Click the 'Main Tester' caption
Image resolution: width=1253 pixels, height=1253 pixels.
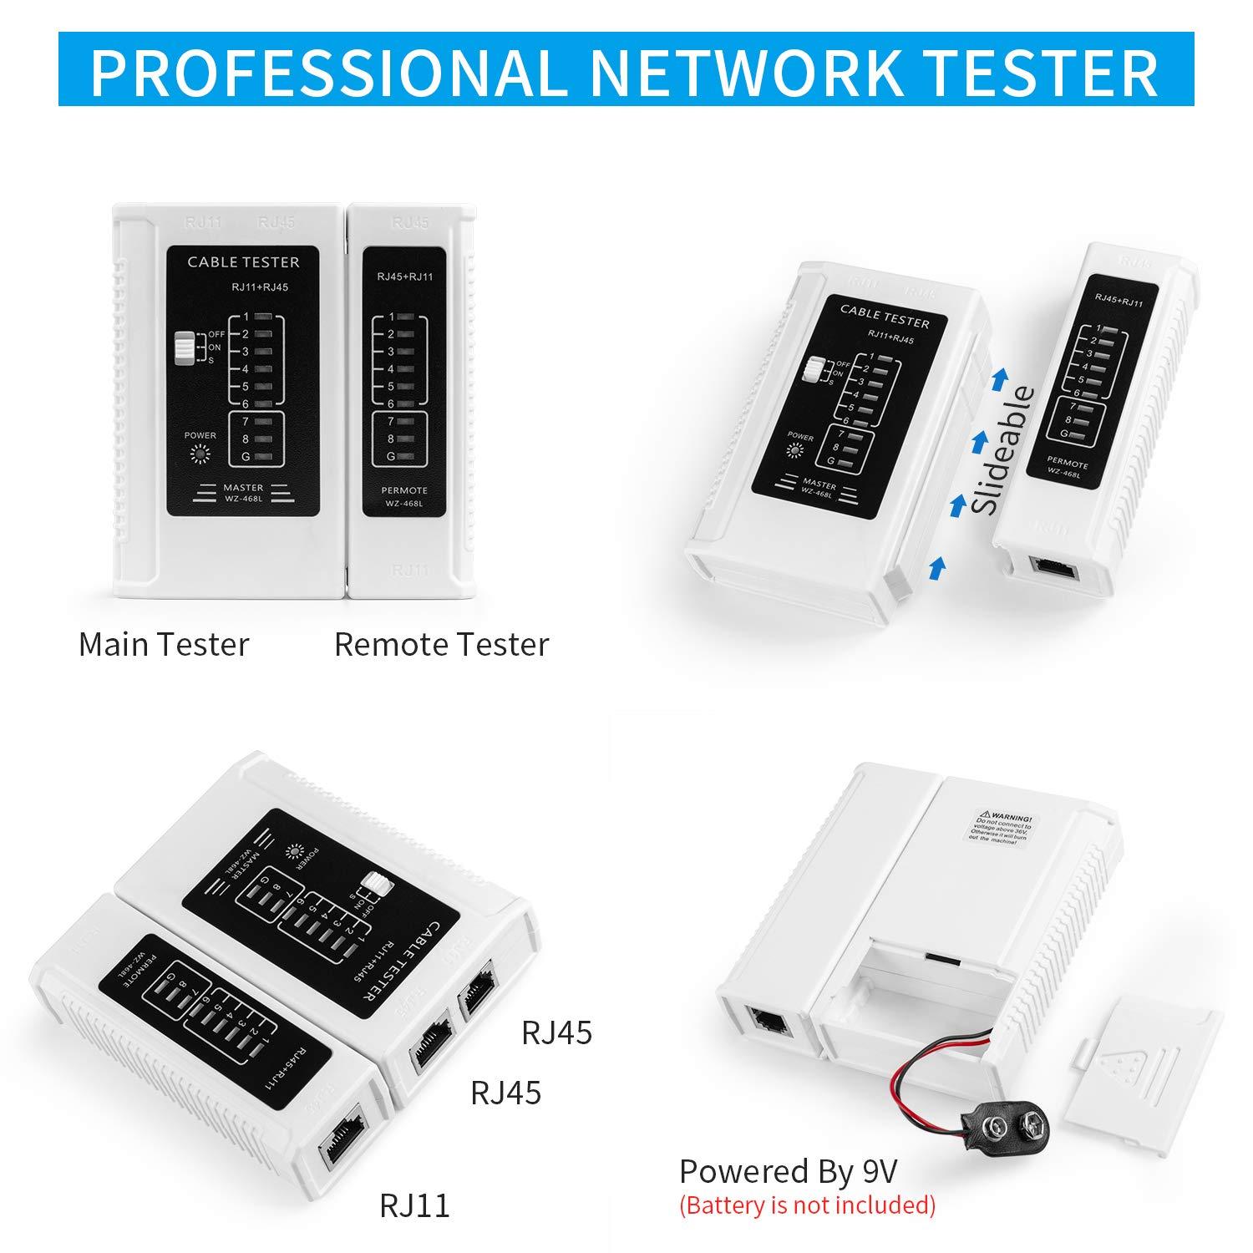tap(164, 645)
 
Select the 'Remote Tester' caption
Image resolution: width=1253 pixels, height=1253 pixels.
tap(441, 645)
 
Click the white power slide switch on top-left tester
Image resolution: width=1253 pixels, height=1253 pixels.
tap(183, 348)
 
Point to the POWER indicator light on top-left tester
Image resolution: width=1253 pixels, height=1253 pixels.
tap(200, 454)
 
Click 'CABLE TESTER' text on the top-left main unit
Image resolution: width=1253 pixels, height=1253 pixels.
tap(242, 262)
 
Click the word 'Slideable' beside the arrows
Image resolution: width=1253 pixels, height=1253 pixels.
tap(1006, 451)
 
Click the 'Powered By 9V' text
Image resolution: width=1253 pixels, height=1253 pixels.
tap(788, 1172)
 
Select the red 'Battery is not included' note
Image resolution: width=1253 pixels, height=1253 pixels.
tap(807, 1205)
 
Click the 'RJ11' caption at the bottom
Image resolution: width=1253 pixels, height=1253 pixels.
tap(414, 1205)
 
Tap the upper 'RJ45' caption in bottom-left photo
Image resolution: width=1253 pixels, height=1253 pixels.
tap(556, 1032)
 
